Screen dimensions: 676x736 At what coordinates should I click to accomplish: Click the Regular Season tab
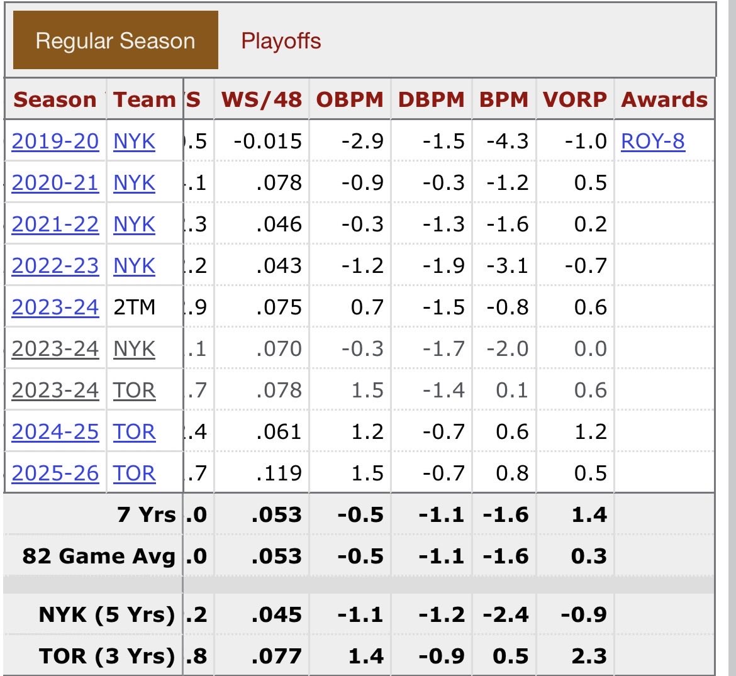pyautogui.click(x=115, y=42)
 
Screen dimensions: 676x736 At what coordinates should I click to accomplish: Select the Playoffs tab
pyautogui.click(x=281, y=42)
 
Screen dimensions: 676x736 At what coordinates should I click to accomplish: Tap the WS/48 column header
pyautogui.click(x=261, y=100)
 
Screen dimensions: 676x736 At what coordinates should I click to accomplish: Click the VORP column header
pyautogui.click(x=575, y=100)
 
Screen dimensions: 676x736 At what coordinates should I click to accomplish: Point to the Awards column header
pyautogui.click(x=664, y=100)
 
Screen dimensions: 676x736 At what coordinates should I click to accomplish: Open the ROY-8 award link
pyautogui.click(x=652, y=141)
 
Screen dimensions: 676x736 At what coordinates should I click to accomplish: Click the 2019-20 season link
pyautogui.click(x=55, y=141)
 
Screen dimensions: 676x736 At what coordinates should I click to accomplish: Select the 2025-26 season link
pyautogui.click(x=55, y=474)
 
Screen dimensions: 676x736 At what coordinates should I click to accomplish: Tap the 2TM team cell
pyautogui.click(x=134, y=308)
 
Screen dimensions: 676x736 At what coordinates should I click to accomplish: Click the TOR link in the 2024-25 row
pyautogui.click(x=134, y=432)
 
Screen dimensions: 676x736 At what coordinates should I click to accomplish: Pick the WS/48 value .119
pyautogui.click(x=279, y=474)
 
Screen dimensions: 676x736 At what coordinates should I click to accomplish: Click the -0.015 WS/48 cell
pyautogui.click(x=268, y=141)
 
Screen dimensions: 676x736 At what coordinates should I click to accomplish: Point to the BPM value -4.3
pyautogui.click(x=507, y=141)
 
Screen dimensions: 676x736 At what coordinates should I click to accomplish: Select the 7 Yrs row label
pyautogui.click(x=146, y=515)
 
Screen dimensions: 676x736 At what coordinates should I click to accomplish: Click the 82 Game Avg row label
pyautogui.click(x=99, y=557)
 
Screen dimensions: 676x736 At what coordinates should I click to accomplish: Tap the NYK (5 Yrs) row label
pyautogui.click(x=106, y=614)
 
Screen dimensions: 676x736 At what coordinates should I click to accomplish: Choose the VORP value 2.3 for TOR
pyautogui.click(x=589, y=656)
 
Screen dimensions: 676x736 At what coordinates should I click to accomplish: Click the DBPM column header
pyautogui.click(x=431, y=100)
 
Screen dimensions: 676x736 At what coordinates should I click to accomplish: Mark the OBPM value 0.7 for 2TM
pyautogui.click(x=367, y=308)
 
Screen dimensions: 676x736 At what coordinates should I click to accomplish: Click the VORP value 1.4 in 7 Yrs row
pyautogui.click(x=589, y=515)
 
